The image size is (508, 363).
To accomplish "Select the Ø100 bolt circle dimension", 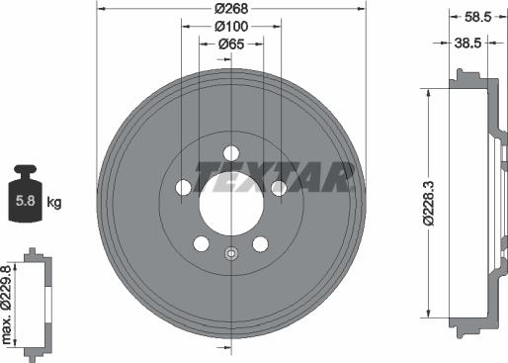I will click(x=231, y=28).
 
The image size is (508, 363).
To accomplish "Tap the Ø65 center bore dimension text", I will click(x=231, y=45).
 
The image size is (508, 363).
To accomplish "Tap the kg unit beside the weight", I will click(x=54, y=203).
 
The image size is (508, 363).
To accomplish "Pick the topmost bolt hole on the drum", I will click(x=231, y=152).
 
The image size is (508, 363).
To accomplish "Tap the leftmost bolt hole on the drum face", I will click(x=184, y=187).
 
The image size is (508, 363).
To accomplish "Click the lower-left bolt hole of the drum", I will click(x=202, y=243).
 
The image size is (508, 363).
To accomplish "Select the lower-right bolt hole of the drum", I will click(x=261, y=243).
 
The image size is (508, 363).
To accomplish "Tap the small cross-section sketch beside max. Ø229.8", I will click(x=38, y=305).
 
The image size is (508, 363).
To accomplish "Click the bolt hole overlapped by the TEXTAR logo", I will click(x=279, y=187).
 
